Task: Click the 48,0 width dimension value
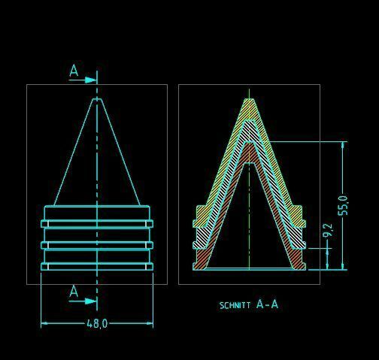[x=97, y=323]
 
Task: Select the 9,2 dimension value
[x=328, y=230]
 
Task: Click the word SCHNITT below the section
[x=235, y=305]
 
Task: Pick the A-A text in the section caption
[x=267, y=304]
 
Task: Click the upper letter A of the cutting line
[x=74, y=71]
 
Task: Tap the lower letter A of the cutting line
[x=74, y=291]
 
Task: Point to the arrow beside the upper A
[x=83, y=80]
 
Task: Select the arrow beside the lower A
[x=83, y=301]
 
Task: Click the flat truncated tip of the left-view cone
[x=97, y=99]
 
